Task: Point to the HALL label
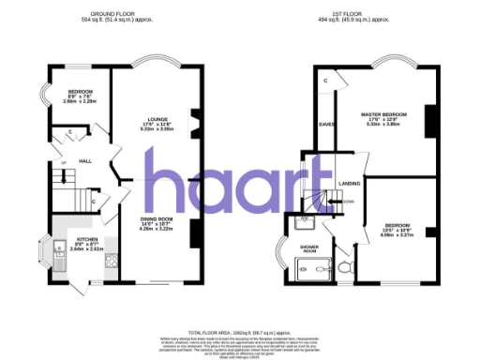pyautogui.click(x=84, y=159)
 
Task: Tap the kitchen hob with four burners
pyautogui.click(x=110, y=262)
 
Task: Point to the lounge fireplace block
pyautogui.click(x=194, y=123)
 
